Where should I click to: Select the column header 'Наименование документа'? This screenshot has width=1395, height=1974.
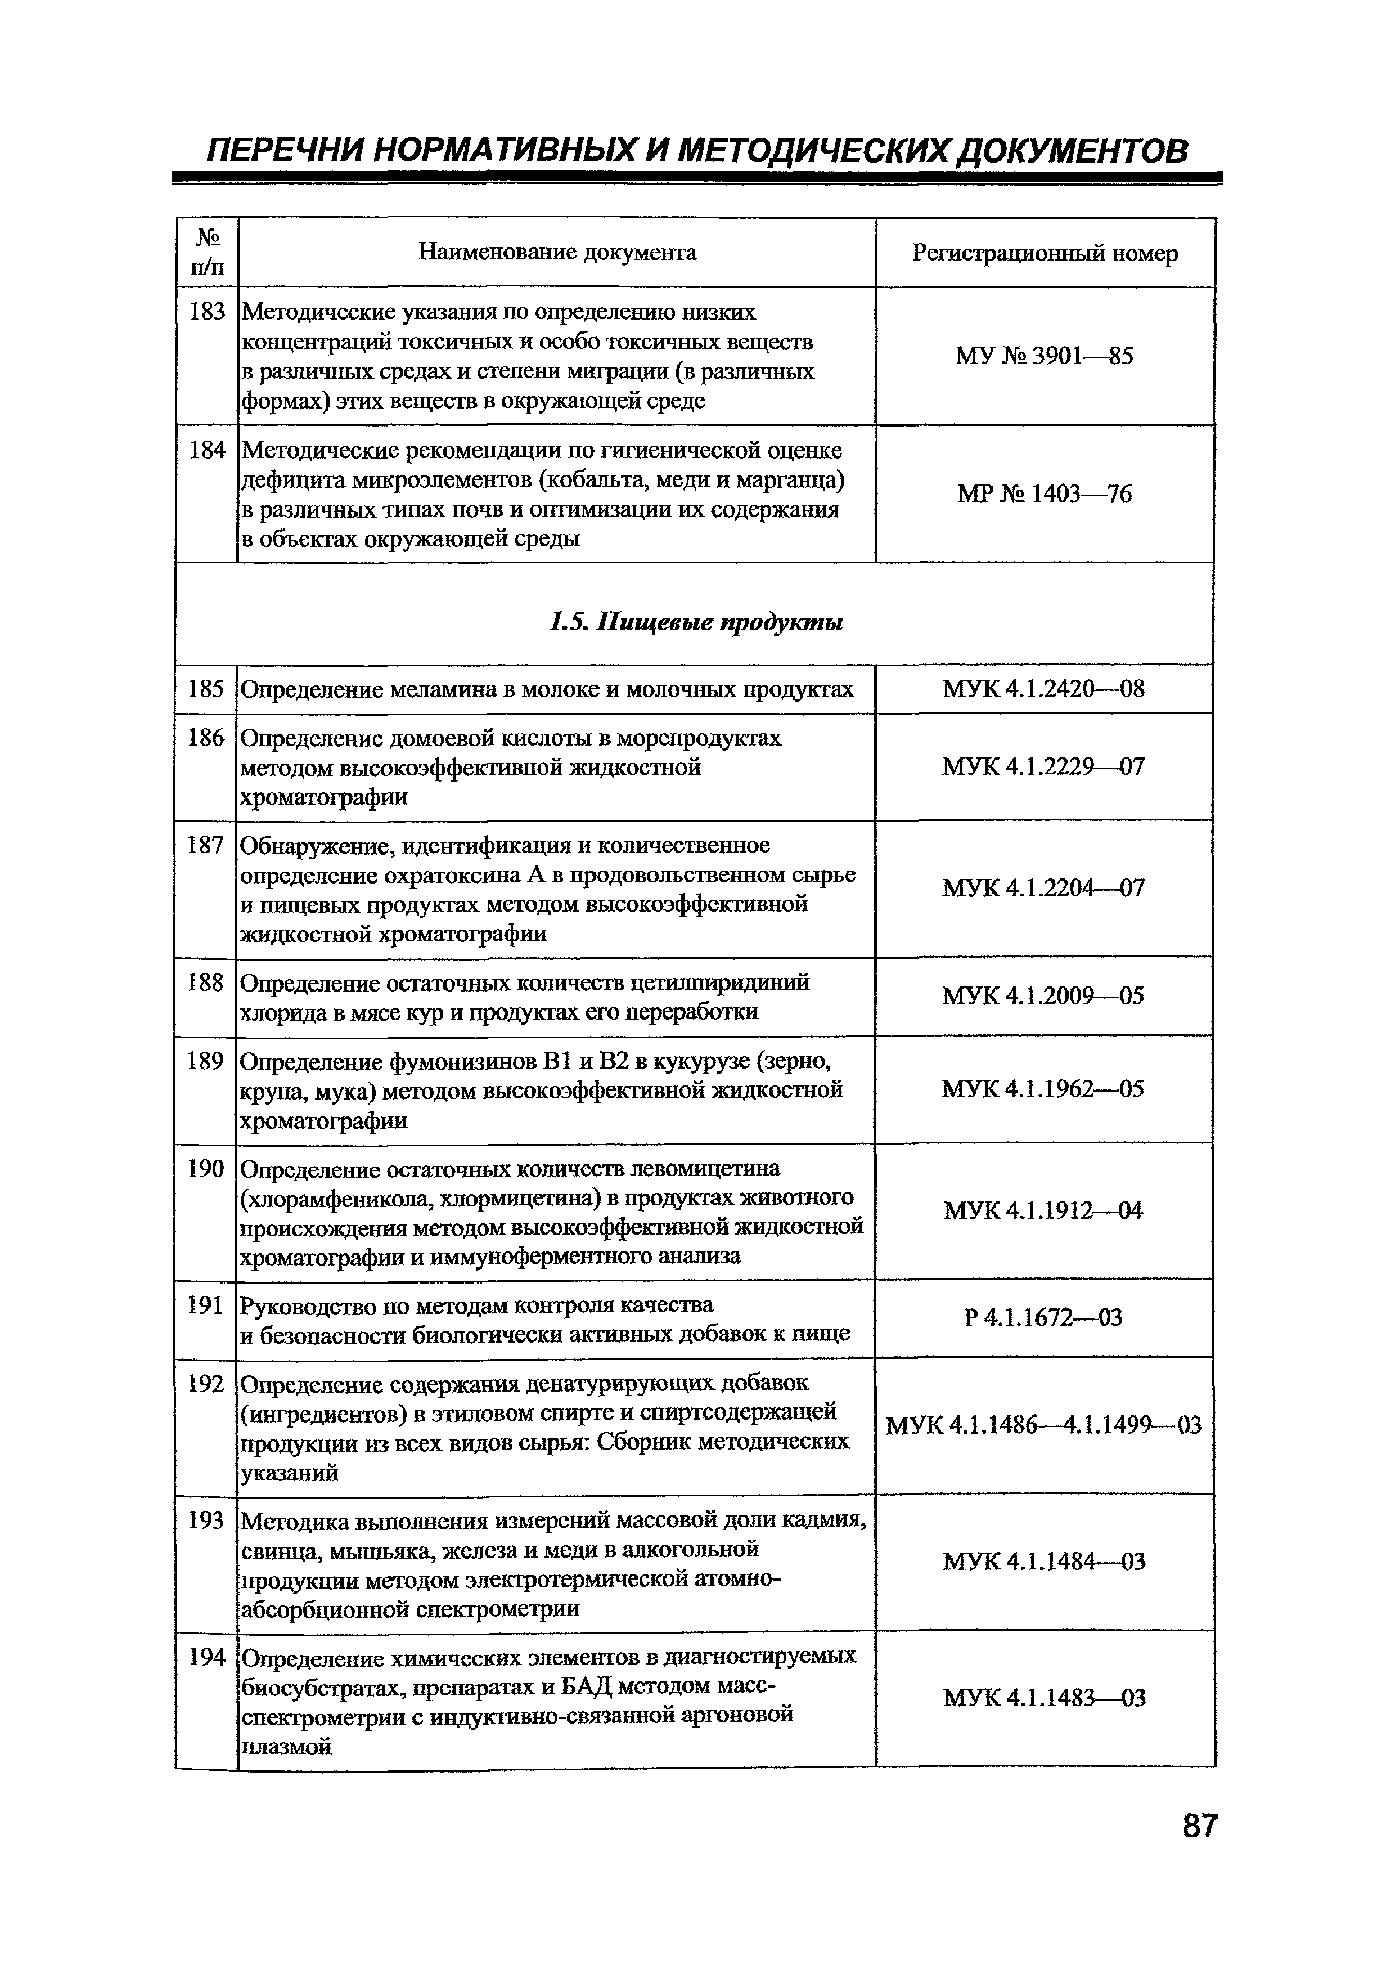coord(557,252)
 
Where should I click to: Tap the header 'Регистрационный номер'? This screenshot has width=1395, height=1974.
coord(1045,253)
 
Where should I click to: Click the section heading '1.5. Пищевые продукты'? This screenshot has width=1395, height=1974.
coord(695,622)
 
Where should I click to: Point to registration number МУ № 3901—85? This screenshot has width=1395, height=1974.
coord(1045,356)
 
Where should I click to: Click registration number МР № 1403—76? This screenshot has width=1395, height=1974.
coord(1045,493)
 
